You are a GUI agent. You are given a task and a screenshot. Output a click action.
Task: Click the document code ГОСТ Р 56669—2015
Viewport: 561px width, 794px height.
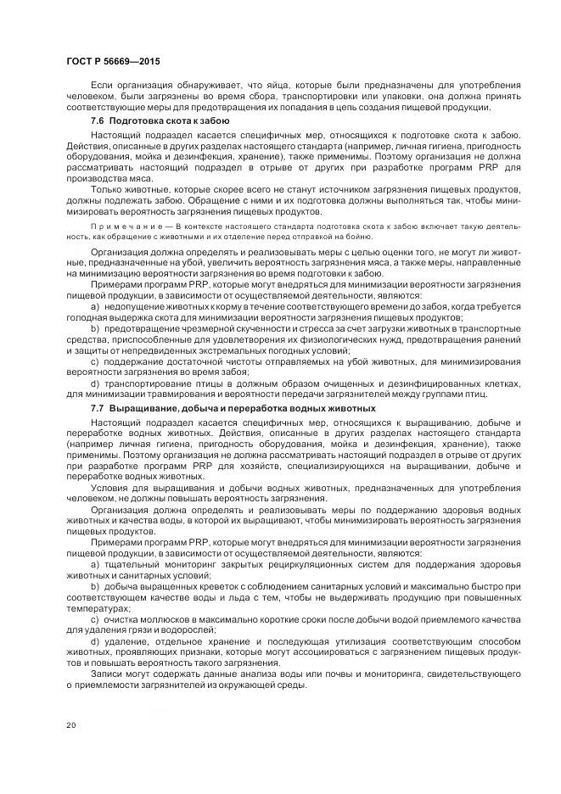112,62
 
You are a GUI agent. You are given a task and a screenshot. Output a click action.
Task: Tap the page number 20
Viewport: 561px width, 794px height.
70,724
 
